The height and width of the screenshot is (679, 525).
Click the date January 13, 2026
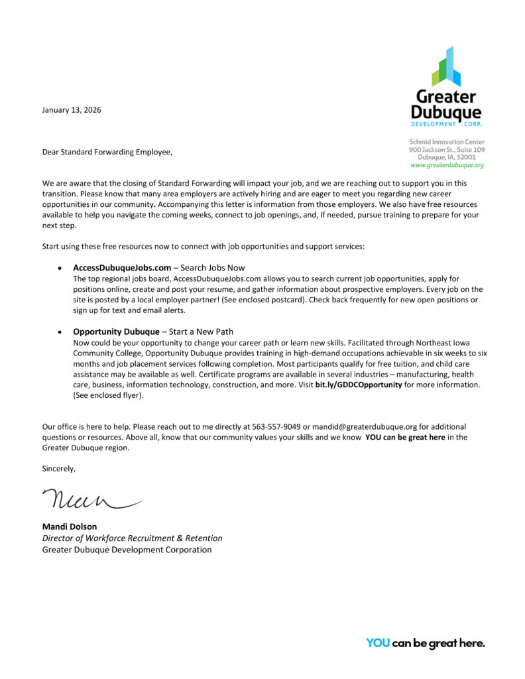pyautogui.click(x=72, y=110)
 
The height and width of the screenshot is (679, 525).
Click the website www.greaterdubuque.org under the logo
pyautogui.click(x=447, y=165)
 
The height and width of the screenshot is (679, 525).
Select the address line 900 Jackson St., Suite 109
pyautogui.click(x=447, y=150)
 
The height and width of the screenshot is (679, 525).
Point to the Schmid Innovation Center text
pyautogui.click(x=447, y=142)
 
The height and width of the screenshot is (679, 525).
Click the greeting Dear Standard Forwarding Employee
pyautogui.click(x=107, y=153)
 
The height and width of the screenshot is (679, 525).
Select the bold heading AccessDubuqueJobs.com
pyautogui.click(x=117, y=267)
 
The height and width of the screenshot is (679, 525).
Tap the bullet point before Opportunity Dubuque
pyautogui.click(x=60, y=332)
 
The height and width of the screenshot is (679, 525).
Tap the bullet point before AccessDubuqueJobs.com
pyautogui.click(x=60, y=268)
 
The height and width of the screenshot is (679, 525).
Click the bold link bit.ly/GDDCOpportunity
pyautogui.click(x=359, y=385)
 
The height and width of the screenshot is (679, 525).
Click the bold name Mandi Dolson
pyautogui.click(x=70, y=527)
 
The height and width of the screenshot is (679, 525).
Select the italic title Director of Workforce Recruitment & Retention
pyautogui.click(x=133, y=538)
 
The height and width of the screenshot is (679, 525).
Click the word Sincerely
pyautogui.click(x=59, y=469)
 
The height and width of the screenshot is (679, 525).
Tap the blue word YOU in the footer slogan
pyautogui.click(x=377, y=643)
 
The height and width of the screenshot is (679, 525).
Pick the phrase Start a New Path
pyautogui.click(x=202, y=332)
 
